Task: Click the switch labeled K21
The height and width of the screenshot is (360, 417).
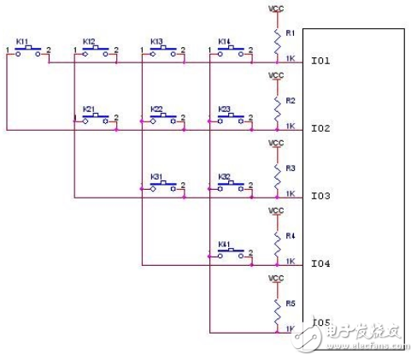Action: [96, 117]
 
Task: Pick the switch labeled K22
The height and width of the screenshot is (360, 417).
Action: [163, 117]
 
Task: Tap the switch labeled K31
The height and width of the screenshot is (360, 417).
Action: [163, 185]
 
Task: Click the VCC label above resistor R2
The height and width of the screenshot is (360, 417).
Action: [276, 75]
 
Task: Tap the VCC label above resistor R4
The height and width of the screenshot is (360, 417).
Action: [276, 210]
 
